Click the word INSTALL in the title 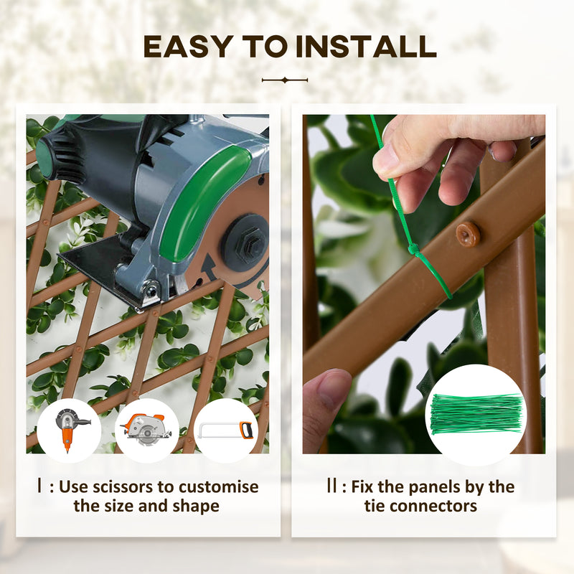point(367,47)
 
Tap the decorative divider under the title point(285,80)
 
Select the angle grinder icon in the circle point(69,430)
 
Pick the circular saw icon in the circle point(147,430)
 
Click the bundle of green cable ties point(475,414)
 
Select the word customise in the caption point(217,487)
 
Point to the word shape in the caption point(194,506)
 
